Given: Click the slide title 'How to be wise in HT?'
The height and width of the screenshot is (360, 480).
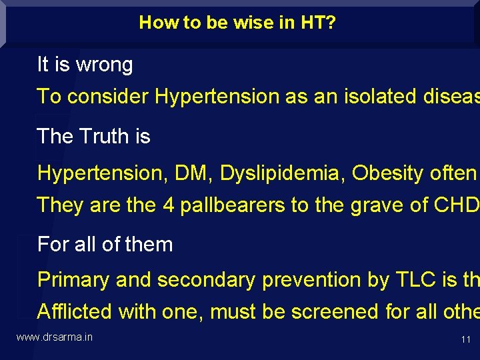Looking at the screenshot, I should click(237, 23).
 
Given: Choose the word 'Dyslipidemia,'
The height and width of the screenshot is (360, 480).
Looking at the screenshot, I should click(283, 173).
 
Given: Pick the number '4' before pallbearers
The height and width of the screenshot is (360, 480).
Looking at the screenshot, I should click(168, 205).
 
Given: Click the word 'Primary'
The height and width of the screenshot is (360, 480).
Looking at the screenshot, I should click(73, 280).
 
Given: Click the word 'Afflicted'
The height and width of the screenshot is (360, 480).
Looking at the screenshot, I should click(75, 311).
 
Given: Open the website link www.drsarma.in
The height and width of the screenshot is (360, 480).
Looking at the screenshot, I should click(54, 337).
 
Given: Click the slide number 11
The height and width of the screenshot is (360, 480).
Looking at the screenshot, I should click(465, 340).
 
